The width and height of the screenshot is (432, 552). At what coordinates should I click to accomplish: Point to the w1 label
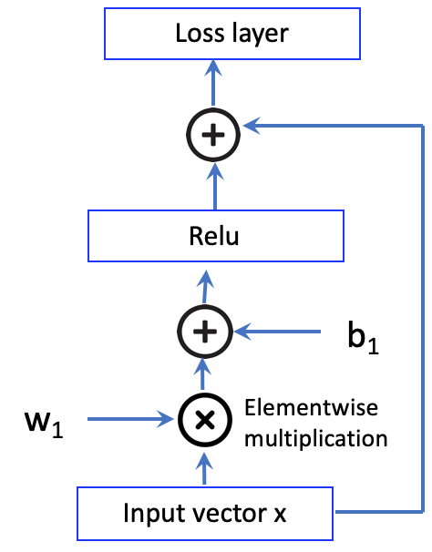pyautogui.click(x=44, y=424)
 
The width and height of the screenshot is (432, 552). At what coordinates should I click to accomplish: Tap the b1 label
pyautogui.click(x=363, y=337)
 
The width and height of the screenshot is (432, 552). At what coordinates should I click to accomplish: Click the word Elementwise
pyautogui.click(x=312, y=408)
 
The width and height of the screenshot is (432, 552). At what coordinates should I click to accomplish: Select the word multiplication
pyautogui.click(x=316, y=439)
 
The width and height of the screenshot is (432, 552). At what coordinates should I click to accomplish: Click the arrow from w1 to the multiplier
pyautogui.click(x=130, y=419)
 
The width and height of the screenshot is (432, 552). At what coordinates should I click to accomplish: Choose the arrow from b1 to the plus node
pyautogui.click(x=277, y=332)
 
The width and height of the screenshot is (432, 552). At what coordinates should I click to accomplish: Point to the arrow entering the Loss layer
pyautogui.click(x=213, y=83)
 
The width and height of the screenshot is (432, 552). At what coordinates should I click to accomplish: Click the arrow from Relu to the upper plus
pyautogui.click(x=214, y=186)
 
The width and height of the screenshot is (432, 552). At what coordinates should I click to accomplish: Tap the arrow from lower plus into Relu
pyautogui.click(x=205, y=286)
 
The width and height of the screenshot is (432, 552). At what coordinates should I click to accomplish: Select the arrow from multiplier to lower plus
pyautogui.click(x=203, y=374)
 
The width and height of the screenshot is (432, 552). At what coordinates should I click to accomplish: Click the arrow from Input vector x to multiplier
pyautogui.click(x=204, y=468)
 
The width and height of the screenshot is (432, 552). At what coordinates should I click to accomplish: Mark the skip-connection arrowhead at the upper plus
pyautogui.click(x=252, y=126)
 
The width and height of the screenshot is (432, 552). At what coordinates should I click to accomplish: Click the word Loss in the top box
pyautogui.click(x=200, y=33)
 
